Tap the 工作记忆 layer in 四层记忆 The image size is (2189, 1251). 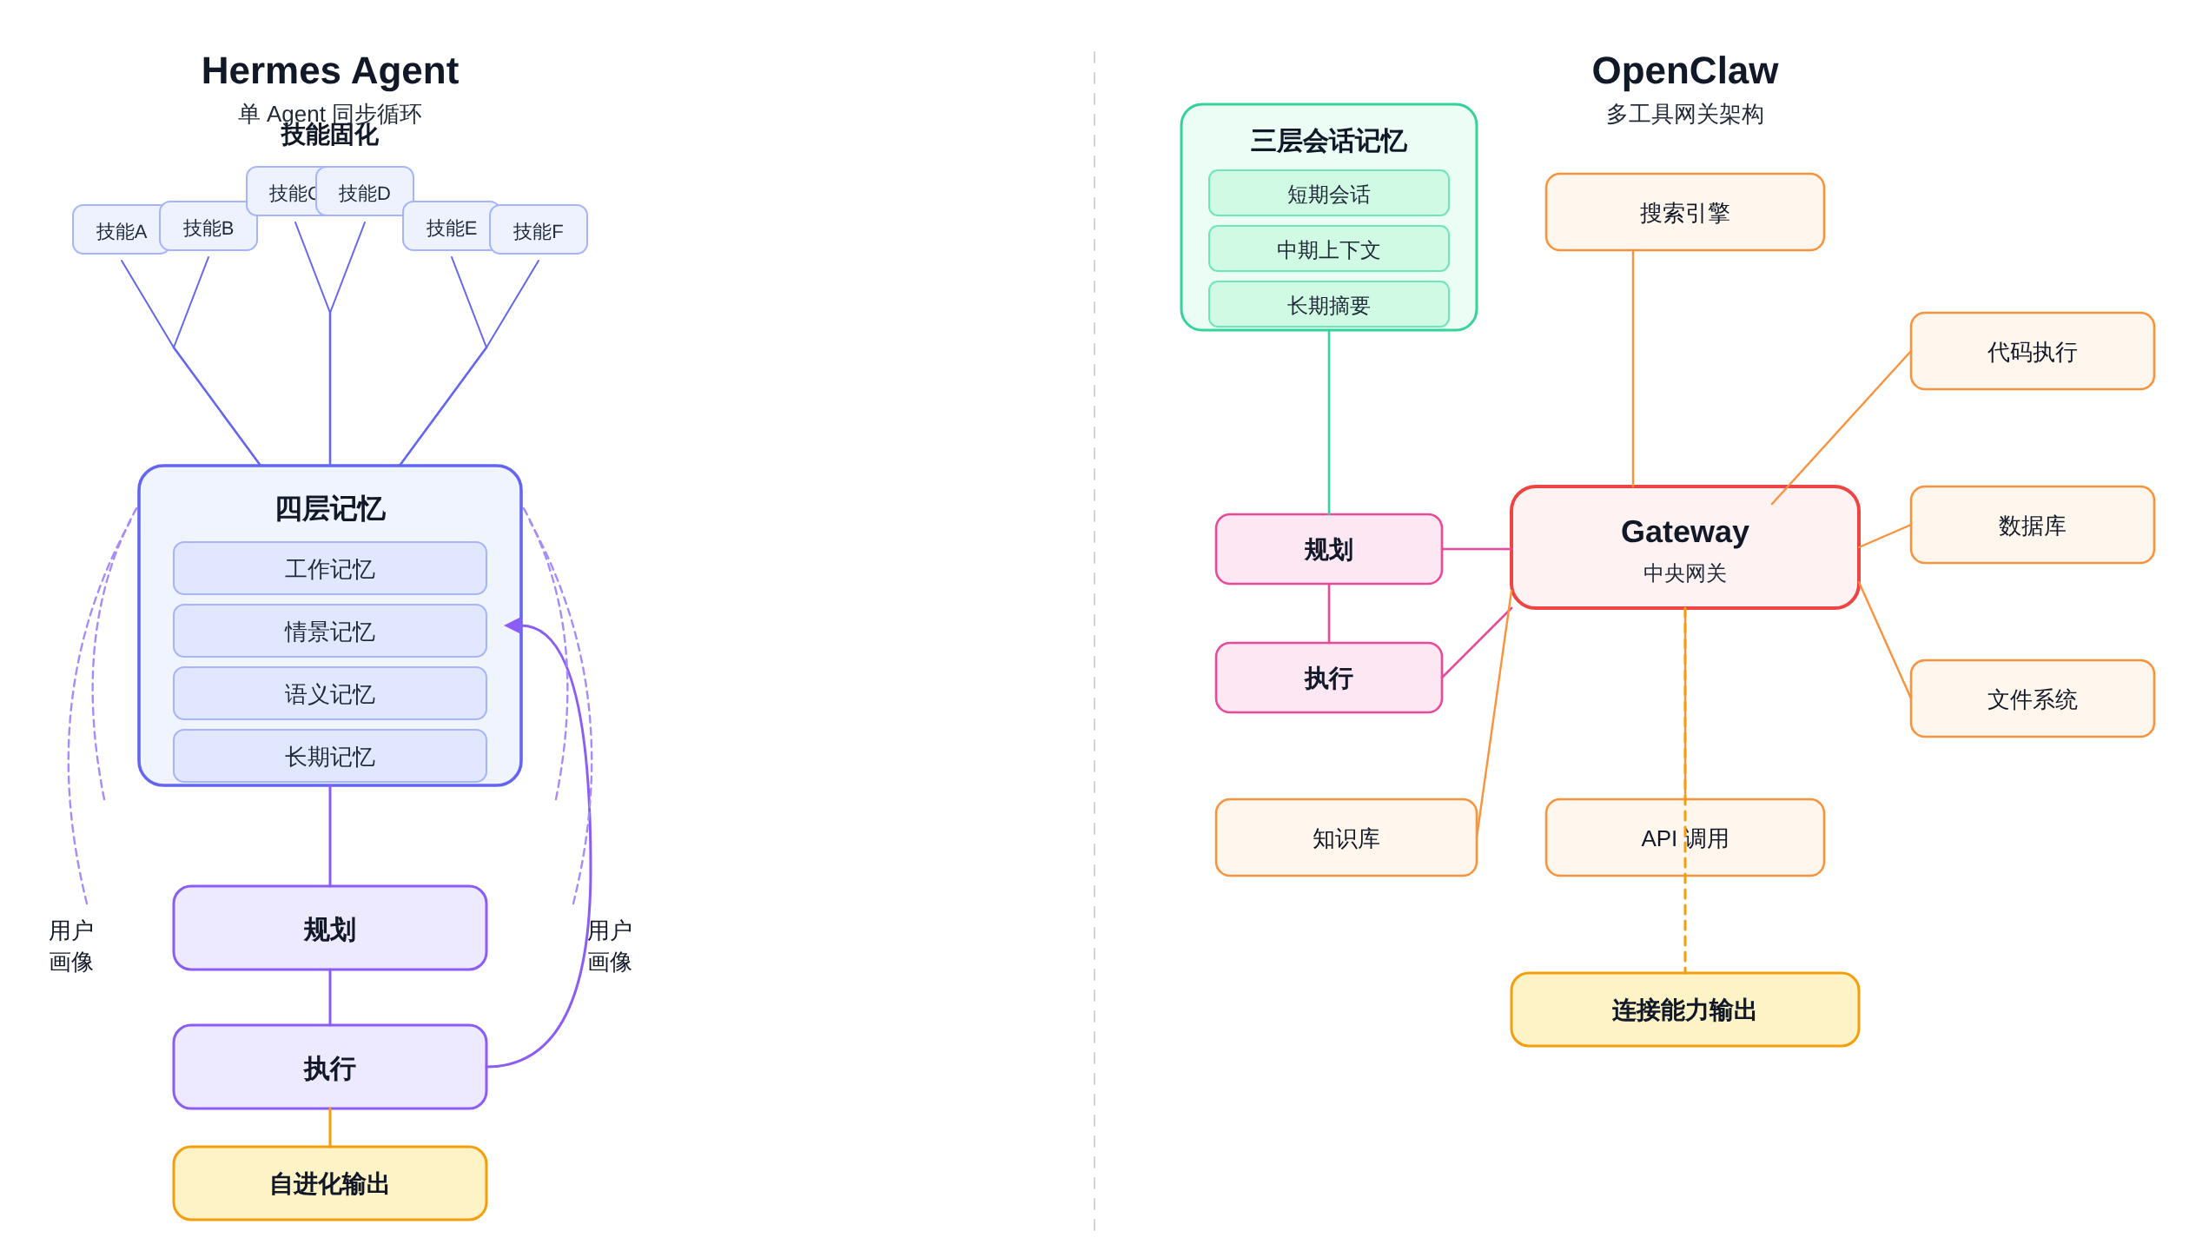(x=330, y=569)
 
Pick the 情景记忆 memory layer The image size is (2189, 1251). (x=330, y=632)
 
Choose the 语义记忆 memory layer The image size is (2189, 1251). (x=330, y=694)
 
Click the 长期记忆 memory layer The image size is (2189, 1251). (x=330, y=757)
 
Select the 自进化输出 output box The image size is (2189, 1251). (x=330, y=1183)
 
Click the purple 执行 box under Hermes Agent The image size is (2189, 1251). (x=330, y=1068)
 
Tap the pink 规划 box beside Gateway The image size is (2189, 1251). (x=1329, y=549)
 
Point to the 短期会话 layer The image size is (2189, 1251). (x=1329, y=194)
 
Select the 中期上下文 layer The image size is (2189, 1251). (x=1329, y=249)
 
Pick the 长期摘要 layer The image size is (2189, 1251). (x=1329, y=305)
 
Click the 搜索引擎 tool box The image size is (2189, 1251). (x=1685, y=213)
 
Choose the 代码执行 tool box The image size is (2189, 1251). (x=2033, y=352)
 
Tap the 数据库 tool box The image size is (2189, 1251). (x=2033, y=526)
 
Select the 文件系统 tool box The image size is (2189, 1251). (x=2033, y=699)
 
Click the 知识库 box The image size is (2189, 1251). (x=1346, y=838)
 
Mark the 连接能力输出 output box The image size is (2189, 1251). (x=1685, y=1009)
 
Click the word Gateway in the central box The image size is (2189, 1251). (x=1685, y=532)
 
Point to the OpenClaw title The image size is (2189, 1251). (x=1685, y=71)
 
